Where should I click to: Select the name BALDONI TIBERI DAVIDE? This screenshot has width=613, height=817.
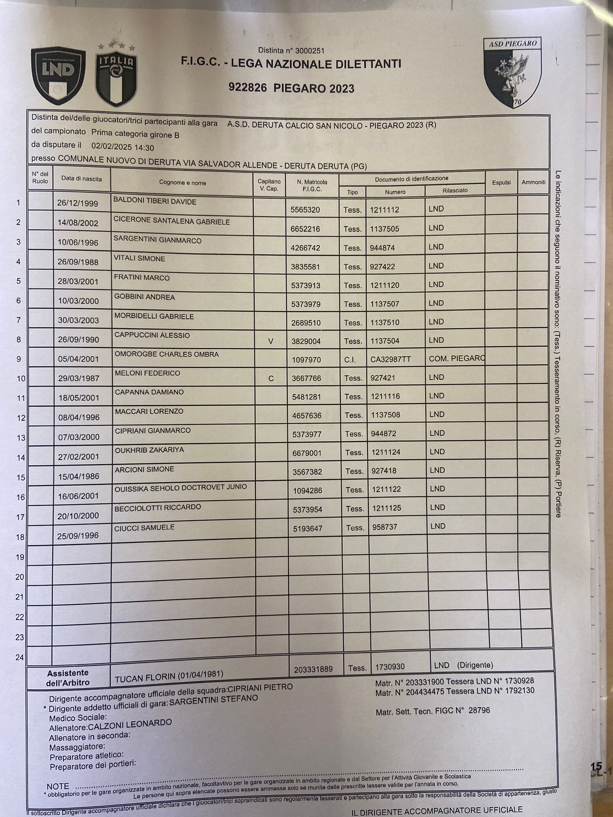[155, 201]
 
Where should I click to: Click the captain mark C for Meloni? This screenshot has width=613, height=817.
[271, 379]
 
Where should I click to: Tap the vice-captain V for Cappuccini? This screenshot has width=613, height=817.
[271, 341]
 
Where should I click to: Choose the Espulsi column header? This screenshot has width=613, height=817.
[501, 182]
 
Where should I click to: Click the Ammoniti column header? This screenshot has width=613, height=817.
[534, 182]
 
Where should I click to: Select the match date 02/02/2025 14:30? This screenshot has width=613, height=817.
[123, 147]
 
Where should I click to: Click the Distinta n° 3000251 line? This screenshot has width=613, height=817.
[291, 51]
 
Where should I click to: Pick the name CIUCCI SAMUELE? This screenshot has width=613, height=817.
[144, 527]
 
